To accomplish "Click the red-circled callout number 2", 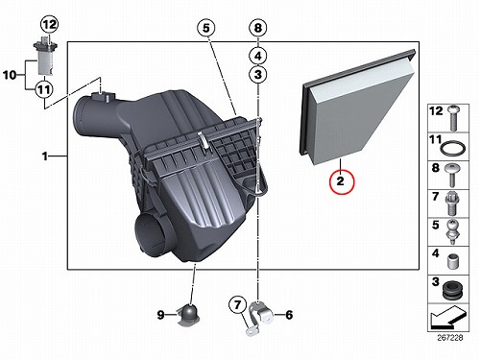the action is (x=342, y=181).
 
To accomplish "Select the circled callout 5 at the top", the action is (x=206, y=28).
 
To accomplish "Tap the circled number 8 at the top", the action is (x=258, y=28).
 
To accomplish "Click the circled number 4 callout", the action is (x=258, y=57).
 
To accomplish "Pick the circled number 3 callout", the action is (x=258, y=75).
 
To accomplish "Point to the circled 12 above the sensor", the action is (x=49, y=24).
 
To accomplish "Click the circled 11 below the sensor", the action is (x=44, y=89).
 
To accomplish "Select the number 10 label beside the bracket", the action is (x=10, y=76).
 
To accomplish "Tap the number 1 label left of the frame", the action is (x=45, y=156).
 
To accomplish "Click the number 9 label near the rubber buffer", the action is (x=160, y=315).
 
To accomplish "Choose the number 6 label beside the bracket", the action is (x=289, y=315).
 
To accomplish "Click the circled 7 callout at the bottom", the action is (x=237, y=304).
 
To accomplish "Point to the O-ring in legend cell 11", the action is (x=453, y=149).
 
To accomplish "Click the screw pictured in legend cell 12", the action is (x=453, y=118).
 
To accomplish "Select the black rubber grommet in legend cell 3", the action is (x=453, y=290).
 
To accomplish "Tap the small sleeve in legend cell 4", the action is (x=452, y=261).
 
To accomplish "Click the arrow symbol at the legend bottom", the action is (x=448, y=318).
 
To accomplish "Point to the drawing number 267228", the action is (x=450, y=338).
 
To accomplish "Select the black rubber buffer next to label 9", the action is (x=189, y=315).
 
